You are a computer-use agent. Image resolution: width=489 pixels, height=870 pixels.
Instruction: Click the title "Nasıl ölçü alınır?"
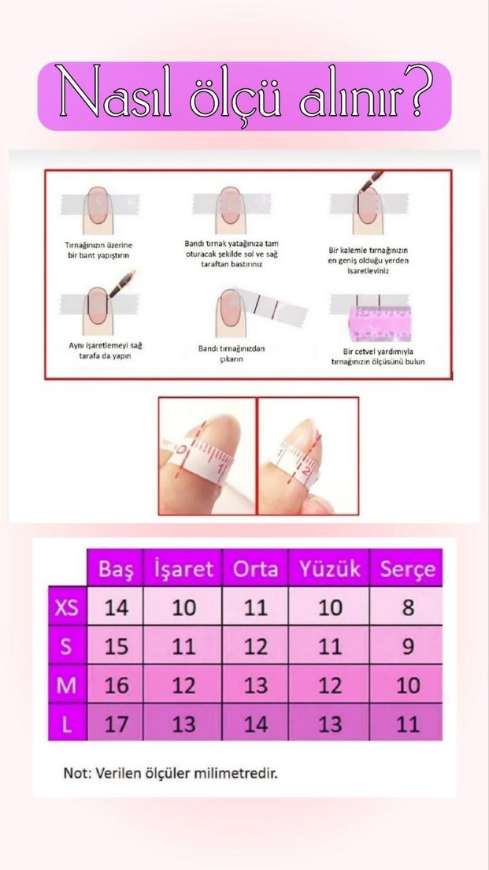pos(244,96)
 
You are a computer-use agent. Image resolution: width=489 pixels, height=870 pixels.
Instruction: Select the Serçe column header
pos(407,569)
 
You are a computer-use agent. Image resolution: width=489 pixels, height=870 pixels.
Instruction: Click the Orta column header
pos(255,569)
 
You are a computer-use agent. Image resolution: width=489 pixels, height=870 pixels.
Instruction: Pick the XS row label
pos(67,608)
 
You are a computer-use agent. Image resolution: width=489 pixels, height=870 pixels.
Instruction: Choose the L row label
pos(67,723)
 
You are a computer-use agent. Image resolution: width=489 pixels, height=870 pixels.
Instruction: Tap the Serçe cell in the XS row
pos(407,608)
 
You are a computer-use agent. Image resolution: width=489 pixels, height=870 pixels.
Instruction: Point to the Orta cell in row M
pos(255,685)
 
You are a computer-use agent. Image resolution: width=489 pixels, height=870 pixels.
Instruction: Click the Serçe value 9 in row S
pos(407,646)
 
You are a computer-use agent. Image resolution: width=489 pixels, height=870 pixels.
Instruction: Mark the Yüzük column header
pos(330,569)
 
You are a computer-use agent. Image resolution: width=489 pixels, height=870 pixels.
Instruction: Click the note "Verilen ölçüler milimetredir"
pos(170,772)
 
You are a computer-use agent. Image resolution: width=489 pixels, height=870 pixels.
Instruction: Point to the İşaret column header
pos(183,569)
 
